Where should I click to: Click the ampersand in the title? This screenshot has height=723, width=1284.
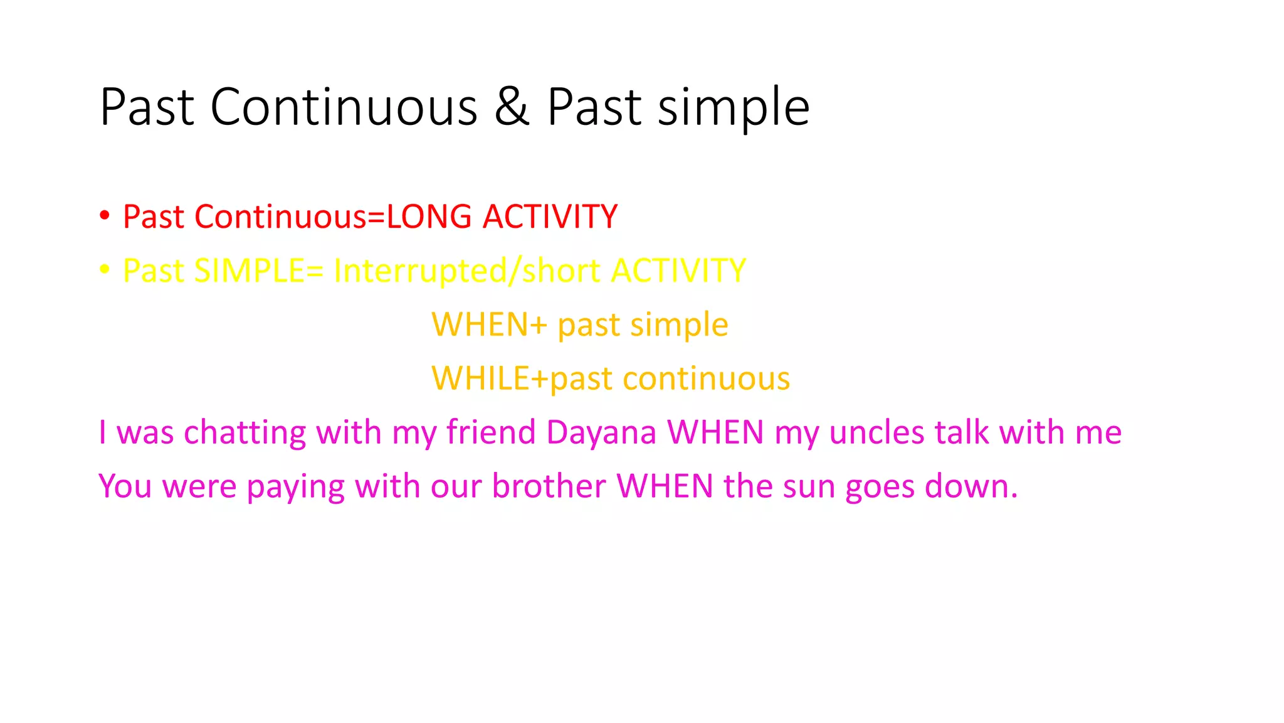512,107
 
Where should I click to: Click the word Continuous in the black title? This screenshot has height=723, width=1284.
344,107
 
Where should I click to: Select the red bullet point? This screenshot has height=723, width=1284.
105,216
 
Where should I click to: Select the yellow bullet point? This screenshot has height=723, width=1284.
105,270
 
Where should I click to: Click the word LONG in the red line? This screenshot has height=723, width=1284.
429,217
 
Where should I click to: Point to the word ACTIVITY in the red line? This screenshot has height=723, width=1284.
550,217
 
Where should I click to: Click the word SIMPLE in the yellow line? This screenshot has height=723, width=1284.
250,270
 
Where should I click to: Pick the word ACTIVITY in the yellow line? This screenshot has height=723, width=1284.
678,270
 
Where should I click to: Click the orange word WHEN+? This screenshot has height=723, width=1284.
490,324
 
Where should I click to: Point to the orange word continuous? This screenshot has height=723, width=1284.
706,378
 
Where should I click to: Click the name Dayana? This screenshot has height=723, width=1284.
601,432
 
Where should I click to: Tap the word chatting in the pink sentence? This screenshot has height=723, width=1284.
245,432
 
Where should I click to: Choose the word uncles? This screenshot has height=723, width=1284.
876,432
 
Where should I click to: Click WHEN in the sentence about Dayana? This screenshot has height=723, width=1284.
715,432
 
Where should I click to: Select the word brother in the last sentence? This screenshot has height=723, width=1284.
549,486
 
